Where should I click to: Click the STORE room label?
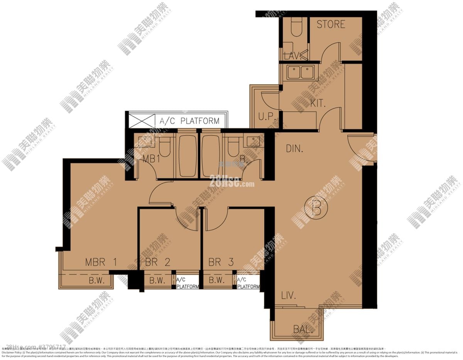pos(331,24)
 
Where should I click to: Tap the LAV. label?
pos(292,56)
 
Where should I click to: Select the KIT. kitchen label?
pos(318,103)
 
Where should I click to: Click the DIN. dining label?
pos(294,148)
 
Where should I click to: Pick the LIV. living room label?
pos(289,296)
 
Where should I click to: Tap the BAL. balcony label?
pos(303,330)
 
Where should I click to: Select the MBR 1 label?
pos(101,262)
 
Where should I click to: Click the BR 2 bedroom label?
pos(158,262)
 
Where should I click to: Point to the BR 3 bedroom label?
pos(221,262)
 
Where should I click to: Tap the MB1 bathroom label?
pos(151,159)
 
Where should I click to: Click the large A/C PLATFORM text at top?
pos(189,121)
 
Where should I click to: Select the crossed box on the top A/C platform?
pos(141,121)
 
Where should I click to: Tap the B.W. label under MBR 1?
pos(97,281)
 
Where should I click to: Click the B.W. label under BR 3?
pos(217,281)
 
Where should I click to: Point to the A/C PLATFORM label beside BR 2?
pos(188,283)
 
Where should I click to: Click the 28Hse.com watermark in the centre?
pos(231,182)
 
